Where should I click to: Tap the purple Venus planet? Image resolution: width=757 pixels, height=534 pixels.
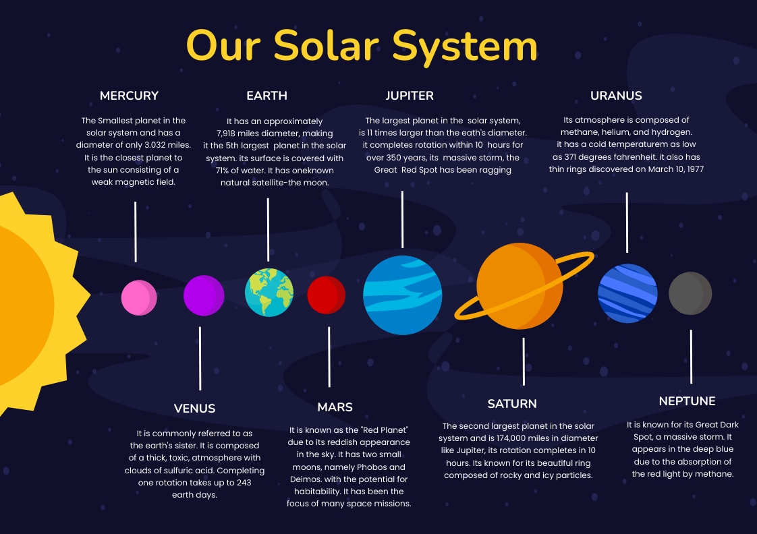tap(204, 295)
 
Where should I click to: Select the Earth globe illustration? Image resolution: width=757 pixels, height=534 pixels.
tap(269, 292)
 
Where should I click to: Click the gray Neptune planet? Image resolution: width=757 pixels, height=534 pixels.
tap(690, 293)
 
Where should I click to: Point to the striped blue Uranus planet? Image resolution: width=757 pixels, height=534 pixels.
tap(627, 293)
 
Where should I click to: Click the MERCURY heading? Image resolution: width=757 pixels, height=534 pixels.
tap(129, 96)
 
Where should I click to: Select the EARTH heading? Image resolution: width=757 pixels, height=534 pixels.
tap(267, 96)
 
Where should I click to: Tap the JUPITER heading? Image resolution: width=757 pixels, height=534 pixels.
tap(410, 96)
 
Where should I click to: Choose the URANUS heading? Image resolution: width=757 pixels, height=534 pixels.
tap(616, 96)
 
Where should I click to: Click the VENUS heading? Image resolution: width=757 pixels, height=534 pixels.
tap(194, 409)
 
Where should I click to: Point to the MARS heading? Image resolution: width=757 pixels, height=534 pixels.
tap(335, 407)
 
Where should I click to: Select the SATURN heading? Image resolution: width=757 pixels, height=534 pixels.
tap(512, 404)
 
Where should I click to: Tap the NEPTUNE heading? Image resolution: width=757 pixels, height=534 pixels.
tap(687, 401)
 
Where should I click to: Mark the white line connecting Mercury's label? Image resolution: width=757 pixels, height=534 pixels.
tap(136, 231)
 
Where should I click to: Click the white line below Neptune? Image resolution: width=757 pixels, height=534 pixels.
tap(691, 357)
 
